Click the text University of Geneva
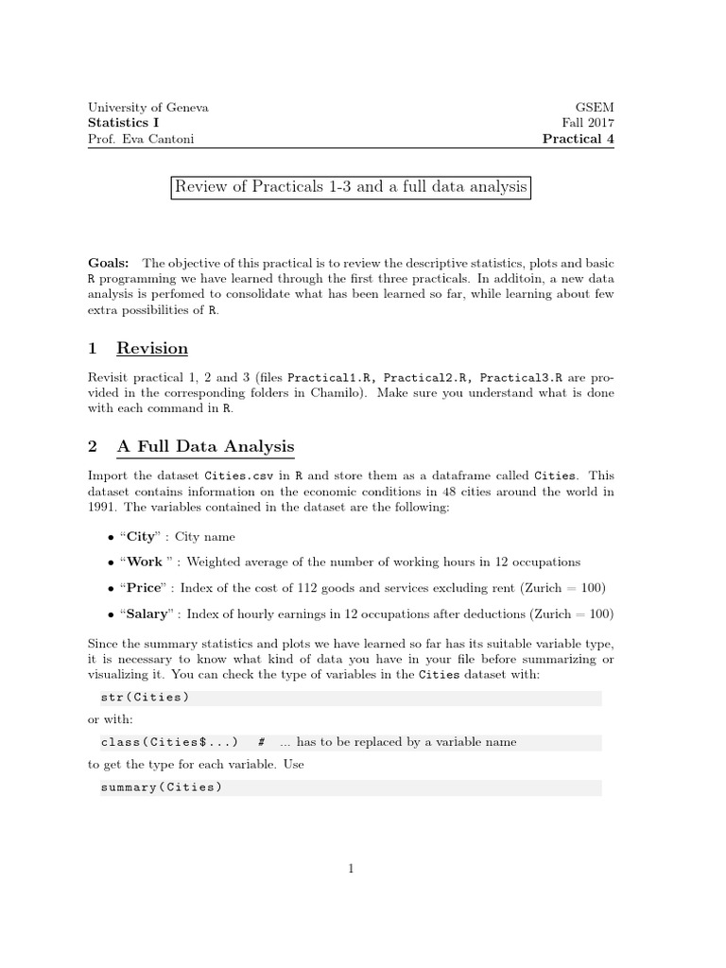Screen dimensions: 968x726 tap(148, 108)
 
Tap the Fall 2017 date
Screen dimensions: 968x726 tap(588, 123)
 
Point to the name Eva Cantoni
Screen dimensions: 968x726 tap(154, 139)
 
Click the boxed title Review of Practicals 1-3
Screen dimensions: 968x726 tap(350, 187)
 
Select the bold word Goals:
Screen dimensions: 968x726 tap(110, 262)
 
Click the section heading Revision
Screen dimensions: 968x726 tap(152, 348)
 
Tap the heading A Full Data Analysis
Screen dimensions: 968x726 tap(205, 447)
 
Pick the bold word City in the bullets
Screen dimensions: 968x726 tap(141, 537)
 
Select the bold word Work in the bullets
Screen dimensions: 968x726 tap(145, 562)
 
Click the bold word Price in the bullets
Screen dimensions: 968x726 tap(144, 588)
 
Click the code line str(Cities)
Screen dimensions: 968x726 tap(145, 698)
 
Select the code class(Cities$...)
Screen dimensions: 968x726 tap(169, 743)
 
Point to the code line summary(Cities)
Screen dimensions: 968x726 tap(161, 787)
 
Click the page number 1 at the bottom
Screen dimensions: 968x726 tap(351, 870)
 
